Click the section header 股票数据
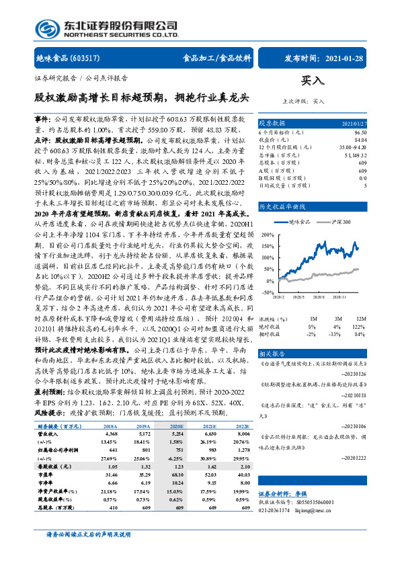click(x=273, y=123)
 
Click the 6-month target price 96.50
click(x=360, y=132)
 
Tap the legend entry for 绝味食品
click(x=298, y=220)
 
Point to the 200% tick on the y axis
click(x=267, y=235)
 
